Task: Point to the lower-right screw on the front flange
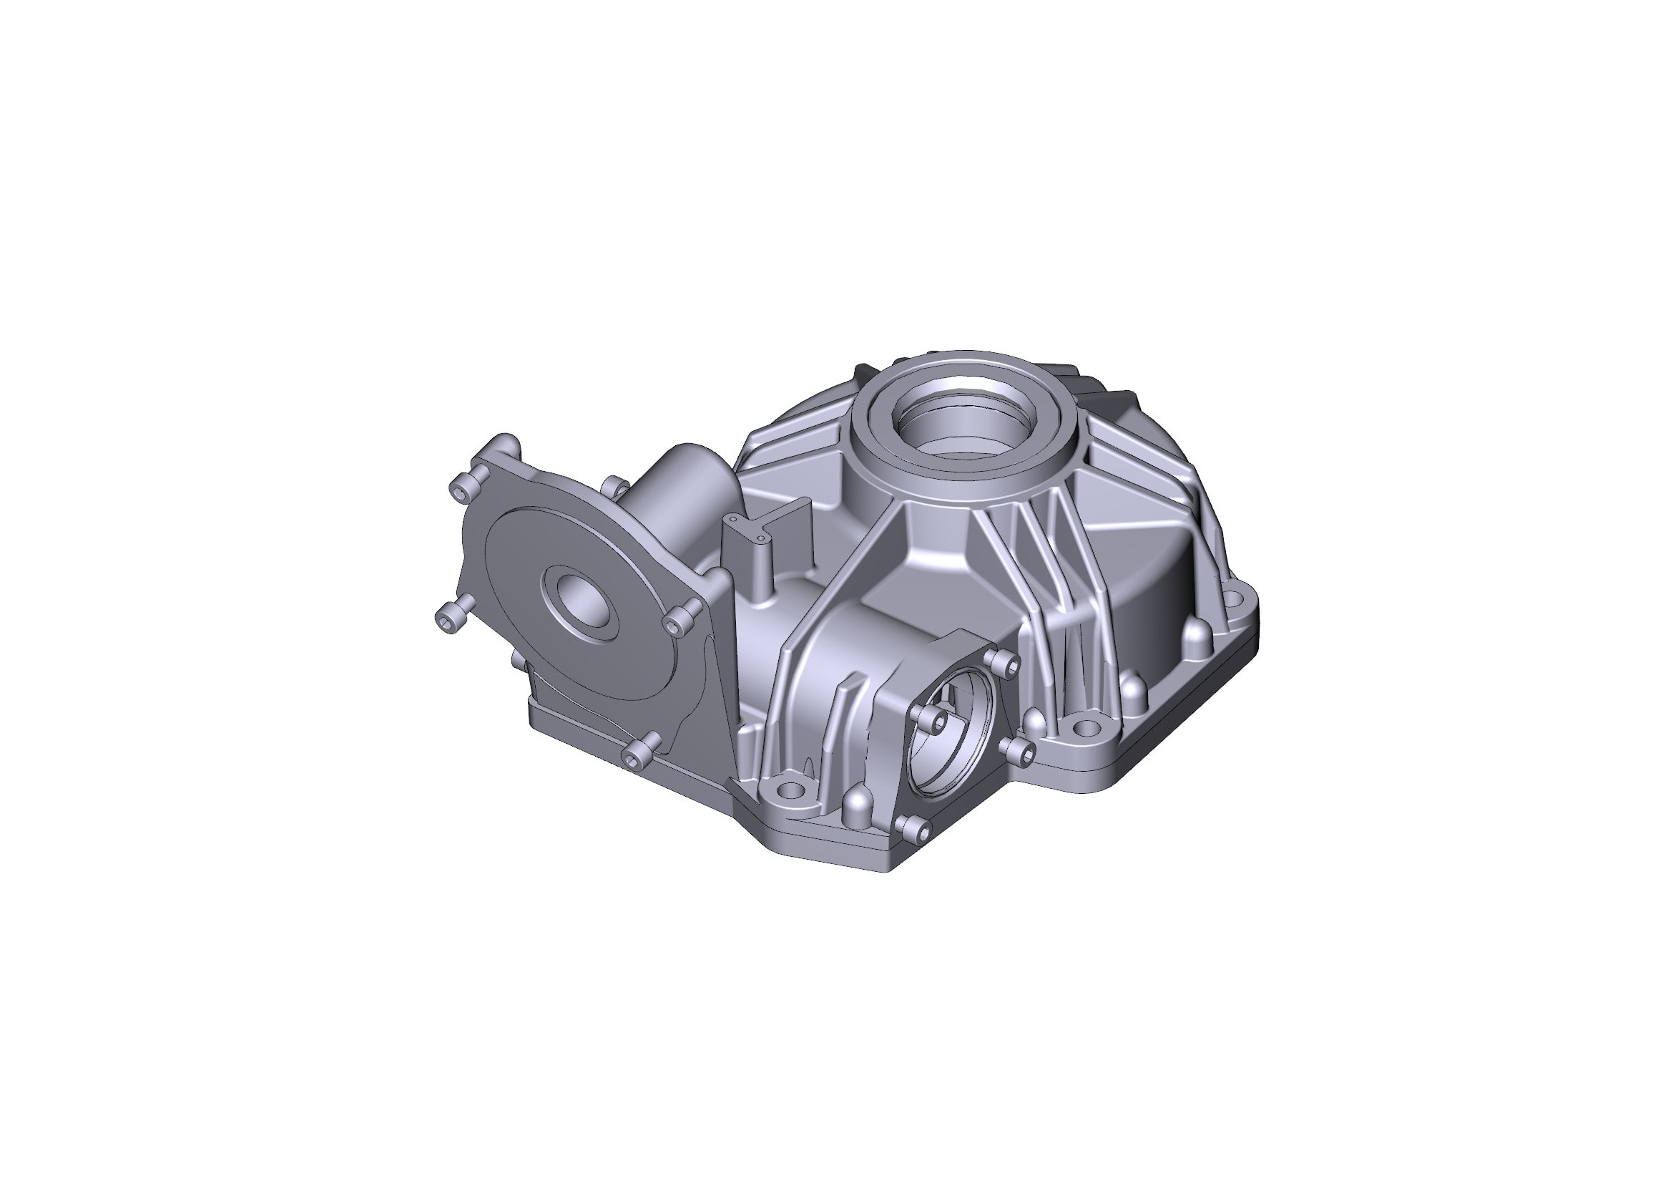click(x=1021, y=752)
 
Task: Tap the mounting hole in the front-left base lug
click(x=789, y=790)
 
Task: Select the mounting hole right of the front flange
click(x=1085, y=727)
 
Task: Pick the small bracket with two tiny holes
click(x=747, y=528)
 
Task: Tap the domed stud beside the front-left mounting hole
click(x=857, y=806)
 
